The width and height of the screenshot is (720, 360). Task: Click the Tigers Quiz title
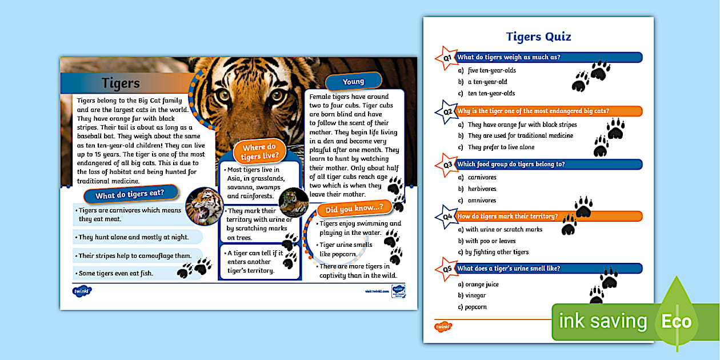(538, 37)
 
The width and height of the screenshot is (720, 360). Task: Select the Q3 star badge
(446, 165)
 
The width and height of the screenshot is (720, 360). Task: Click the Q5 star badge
(446, 269)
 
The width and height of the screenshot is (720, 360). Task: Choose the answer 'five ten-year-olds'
(491, 71)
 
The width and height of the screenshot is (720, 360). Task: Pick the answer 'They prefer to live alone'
(501, 147)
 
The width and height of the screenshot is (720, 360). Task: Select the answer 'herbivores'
(482, 189)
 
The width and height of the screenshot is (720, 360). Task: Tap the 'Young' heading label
(353, 82)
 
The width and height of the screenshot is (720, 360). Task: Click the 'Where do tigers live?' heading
(259, 152)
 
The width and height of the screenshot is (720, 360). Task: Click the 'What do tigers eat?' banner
(129, 195)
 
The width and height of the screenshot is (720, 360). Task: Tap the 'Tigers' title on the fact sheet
(121, 83)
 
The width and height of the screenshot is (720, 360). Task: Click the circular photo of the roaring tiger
(205, 206)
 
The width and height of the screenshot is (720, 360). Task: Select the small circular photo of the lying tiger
(294, 202)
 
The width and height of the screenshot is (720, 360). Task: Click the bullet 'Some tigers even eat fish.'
(116, 273)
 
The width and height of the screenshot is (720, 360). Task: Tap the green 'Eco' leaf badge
(677, 321)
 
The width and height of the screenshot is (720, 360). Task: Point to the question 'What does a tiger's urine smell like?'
(509, 269)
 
